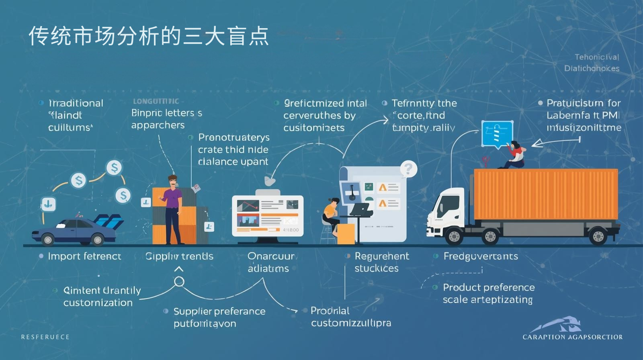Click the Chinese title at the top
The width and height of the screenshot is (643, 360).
tap(148, 37)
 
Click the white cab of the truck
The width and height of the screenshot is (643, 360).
tap(446, 213)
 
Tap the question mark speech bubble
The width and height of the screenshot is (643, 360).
tap(408, 169)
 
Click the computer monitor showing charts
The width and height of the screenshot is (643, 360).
tap(268, 215)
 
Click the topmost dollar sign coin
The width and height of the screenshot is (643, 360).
tap(114, 167)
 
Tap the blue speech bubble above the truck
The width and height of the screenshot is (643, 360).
tap(497, 134)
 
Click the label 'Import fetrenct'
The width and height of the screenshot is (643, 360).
tap(84, 256)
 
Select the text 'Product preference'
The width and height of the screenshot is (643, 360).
tap(489, 288)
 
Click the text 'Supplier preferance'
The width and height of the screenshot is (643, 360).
tap(219, 311)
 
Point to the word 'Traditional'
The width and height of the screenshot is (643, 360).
tap(76, 103)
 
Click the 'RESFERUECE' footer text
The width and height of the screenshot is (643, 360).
tap(45, 337)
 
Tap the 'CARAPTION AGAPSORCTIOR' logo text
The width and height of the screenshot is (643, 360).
tap(572, 337)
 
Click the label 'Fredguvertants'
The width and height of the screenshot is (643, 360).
tap(481, 256)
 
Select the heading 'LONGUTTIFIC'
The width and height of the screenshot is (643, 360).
tap(156, 101)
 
